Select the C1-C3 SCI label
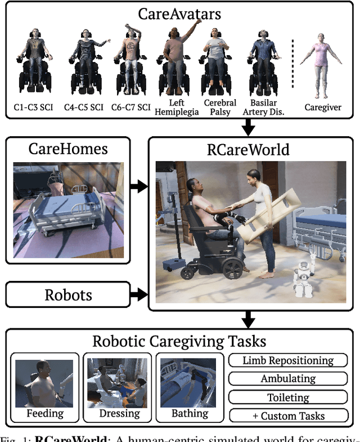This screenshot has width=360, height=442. pos(34,107)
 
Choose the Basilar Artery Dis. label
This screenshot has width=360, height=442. pos(263,107)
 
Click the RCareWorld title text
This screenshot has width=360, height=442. pos(247,150)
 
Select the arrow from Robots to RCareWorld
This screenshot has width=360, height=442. pos(137,294)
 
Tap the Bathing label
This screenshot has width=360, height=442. pos(190,413)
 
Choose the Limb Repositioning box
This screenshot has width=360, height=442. pos(288,361)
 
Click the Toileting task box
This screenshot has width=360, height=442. pos(288,398)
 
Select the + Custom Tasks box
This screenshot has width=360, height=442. pos(288,416)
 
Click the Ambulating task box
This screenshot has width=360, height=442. pos(288,380)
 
